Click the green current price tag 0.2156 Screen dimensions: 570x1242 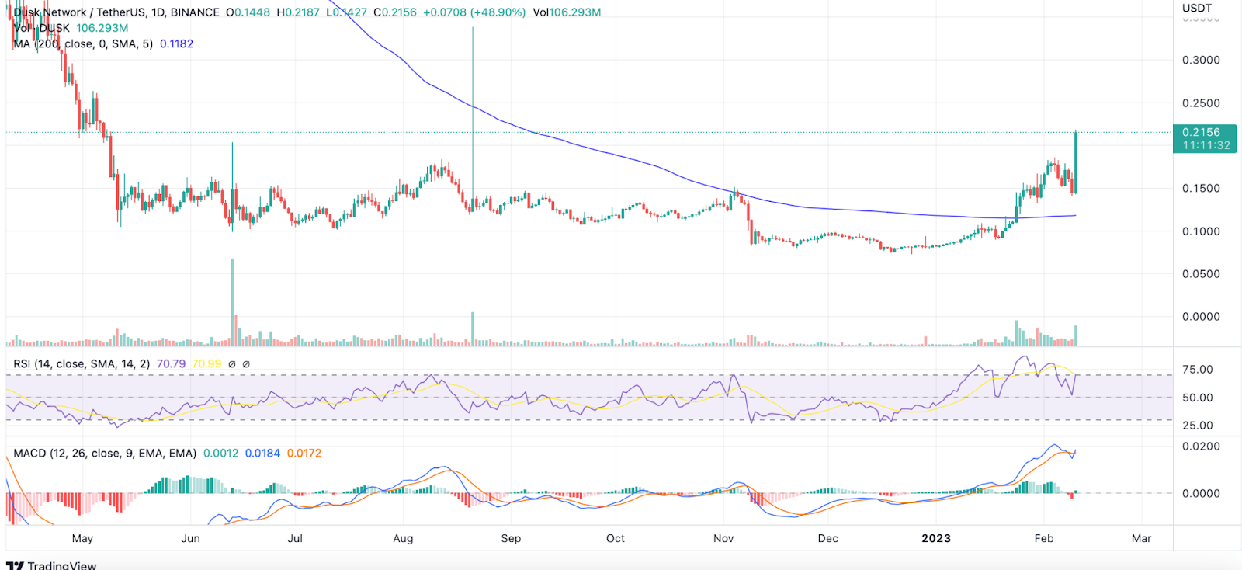(1201, 133)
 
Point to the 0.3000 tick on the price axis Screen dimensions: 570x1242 (1201, 61)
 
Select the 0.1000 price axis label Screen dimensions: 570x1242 (1201, 231)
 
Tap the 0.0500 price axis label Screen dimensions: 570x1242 (1201, 274)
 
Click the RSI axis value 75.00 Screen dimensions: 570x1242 (1197, 370)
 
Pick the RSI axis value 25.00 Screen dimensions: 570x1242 (1197, 426)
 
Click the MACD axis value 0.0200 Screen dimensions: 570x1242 (1201, 447)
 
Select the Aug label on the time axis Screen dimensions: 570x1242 (403, 538)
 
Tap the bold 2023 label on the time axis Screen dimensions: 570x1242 (935, 538)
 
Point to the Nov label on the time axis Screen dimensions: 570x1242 (723, 538)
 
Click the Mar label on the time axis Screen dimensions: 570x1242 (1141, 538)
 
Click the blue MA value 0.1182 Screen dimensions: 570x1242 (176, 44)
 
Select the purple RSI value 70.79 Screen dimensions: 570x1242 (171, 363)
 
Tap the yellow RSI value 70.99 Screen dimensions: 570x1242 (206, 363)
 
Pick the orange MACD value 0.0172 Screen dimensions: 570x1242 (304, 454)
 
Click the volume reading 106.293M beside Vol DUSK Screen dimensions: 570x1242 (102, 28)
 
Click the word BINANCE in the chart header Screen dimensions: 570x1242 (194, 12)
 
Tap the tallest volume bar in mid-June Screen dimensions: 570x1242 (232, 303)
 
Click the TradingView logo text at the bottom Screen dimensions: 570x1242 (61, 565)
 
